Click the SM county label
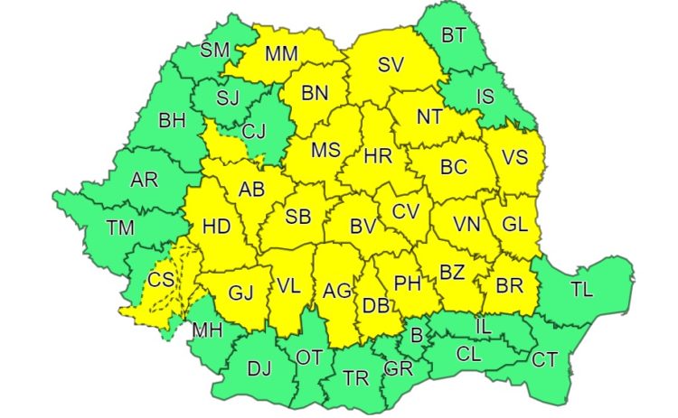(215, 50)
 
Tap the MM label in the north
(281, 53)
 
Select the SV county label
(390, 64)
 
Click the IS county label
(485, 96)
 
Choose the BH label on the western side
(170, 120)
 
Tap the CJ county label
(254, 131)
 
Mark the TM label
(120, 228)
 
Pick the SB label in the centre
(297, 218)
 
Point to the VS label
(513, 158)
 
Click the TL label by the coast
(583, 290)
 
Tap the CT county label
(544, 360)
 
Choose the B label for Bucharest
(417, 337)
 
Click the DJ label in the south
(259, 368)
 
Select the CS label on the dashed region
(162, 280)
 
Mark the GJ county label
(240, 293)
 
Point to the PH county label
(408, 283)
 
